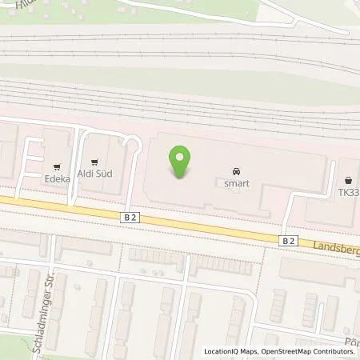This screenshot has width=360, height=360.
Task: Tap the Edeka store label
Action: (x=58, y=180)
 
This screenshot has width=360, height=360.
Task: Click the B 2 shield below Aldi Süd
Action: (x=130, y=217)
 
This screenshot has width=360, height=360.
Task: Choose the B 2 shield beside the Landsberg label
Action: (x=289, y=240)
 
